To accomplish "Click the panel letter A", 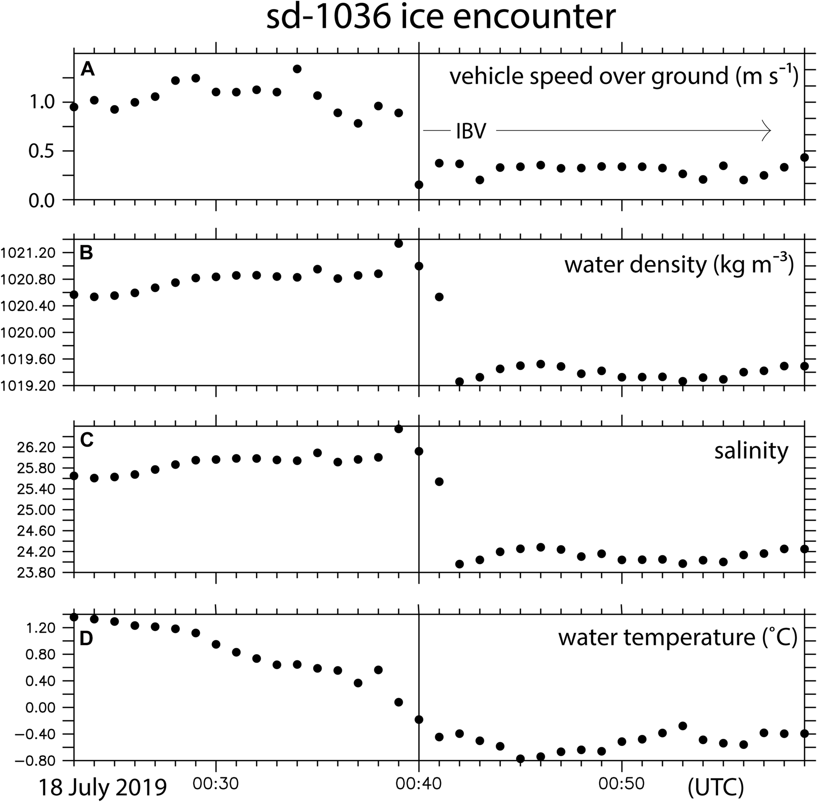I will coord(88,69).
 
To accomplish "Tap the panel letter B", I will coord(86,253).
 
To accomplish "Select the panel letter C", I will coord(87,440).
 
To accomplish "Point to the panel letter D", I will coord(86,638).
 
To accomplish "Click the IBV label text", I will coord(471,132).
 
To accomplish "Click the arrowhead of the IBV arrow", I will coord(767,131).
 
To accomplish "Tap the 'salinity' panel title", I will coord(751,451).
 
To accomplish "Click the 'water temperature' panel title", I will coord(678,637).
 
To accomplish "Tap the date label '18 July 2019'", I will coord(102,787).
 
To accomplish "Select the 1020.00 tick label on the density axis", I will coord(29,333).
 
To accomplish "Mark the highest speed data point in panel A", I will coord(297,69).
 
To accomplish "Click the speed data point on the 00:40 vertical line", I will coord(419,184).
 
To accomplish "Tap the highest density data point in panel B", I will coord(399,243).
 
